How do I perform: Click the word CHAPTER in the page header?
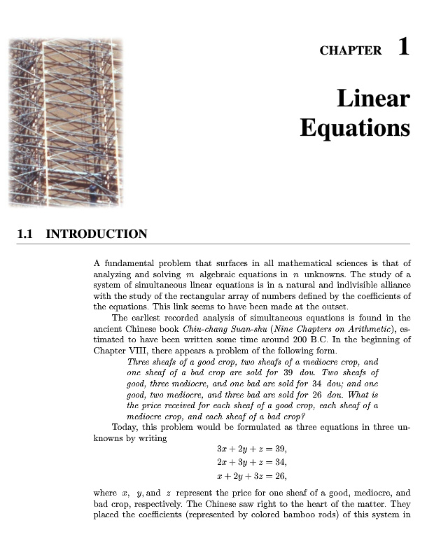coord(351,50)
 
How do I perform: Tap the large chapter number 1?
coord(403,47)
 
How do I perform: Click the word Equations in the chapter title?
coord(355,128)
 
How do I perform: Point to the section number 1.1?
coord(26,234)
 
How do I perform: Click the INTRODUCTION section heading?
coord(97,234)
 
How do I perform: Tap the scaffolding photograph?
coord(65,122)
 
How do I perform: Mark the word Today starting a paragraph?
coord(125,426)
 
